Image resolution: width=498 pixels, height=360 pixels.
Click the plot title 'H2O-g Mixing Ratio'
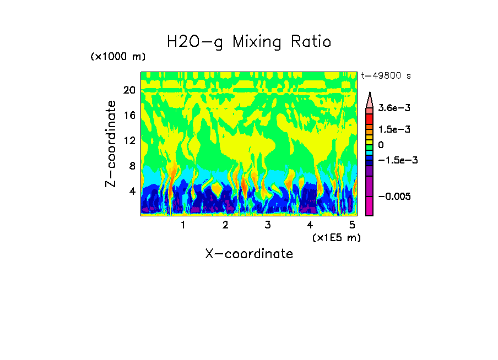pos(249,42)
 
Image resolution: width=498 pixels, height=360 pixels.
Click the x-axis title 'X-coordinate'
pos(249,254)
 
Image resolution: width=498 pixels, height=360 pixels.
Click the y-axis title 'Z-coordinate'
pos(112,144)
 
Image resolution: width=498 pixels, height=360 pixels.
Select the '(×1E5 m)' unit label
pos(336,237)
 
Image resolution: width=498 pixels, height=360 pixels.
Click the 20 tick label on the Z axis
pos(129,90)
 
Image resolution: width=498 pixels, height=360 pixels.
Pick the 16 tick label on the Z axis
pos(129,116)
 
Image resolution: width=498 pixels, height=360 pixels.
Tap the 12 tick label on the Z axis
pos(129,141)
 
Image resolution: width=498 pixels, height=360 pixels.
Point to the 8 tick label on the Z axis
pos(132,166)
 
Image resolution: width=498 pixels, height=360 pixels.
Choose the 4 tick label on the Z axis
pos(132,191)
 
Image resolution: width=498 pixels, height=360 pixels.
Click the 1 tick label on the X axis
pos(183,225)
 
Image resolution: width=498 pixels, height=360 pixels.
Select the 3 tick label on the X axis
pos(268,225)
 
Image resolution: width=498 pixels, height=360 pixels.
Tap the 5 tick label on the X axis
pos(352,225)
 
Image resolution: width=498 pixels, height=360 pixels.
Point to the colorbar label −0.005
pos(394,197)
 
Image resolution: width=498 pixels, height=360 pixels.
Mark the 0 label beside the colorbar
pos(381,145)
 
